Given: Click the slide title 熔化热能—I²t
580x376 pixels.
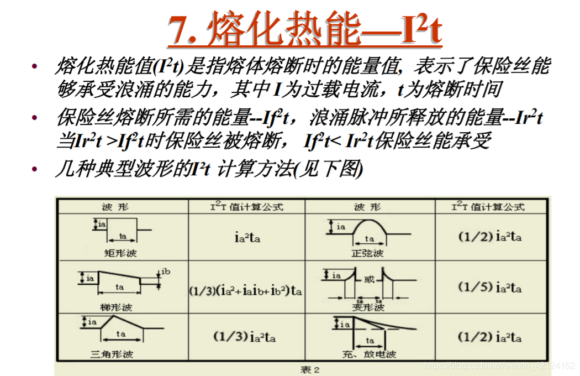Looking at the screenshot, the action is (x=304, y=29).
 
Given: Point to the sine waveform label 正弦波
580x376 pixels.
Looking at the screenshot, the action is (x=370, y=253).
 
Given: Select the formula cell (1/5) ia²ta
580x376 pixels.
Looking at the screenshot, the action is (x=490, y=288).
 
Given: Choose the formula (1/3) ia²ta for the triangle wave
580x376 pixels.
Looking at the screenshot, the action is (x=244, y=336).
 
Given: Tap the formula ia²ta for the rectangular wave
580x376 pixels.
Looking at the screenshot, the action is (x=247, y=238).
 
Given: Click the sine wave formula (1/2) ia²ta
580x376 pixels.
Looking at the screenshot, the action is (x=490, y=237).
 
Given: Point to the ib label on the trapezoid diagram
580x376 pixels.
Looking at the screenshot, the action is (x=166, y=271).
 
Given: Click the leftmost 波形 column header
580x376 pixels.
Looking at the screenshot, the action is (x=115, y=207).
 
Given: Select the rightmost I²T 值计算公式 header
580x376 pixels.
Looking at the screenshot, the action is (x=488, y=207).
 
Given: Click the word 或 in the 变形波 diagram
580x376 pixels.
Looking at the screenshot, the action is (x=369, y=279).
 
